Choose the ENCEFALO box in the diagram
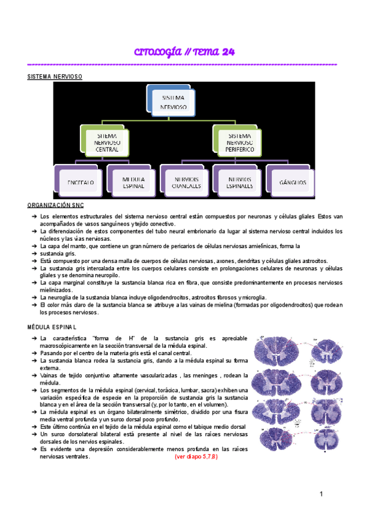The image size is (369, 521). click(77, 182)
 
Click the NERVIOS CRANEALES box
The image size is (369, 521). click(183, 182)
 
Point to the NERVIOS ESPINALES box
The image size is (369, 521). click(236, 182)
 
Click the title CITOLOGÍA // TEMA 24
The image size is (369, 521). click(184, 52)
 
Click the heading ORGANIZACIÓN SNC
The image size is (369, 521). click(56, 205)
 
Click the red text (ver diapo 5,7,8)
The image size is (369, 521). click(196, 457)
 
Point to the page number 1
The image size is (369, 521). click(321, 495)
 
